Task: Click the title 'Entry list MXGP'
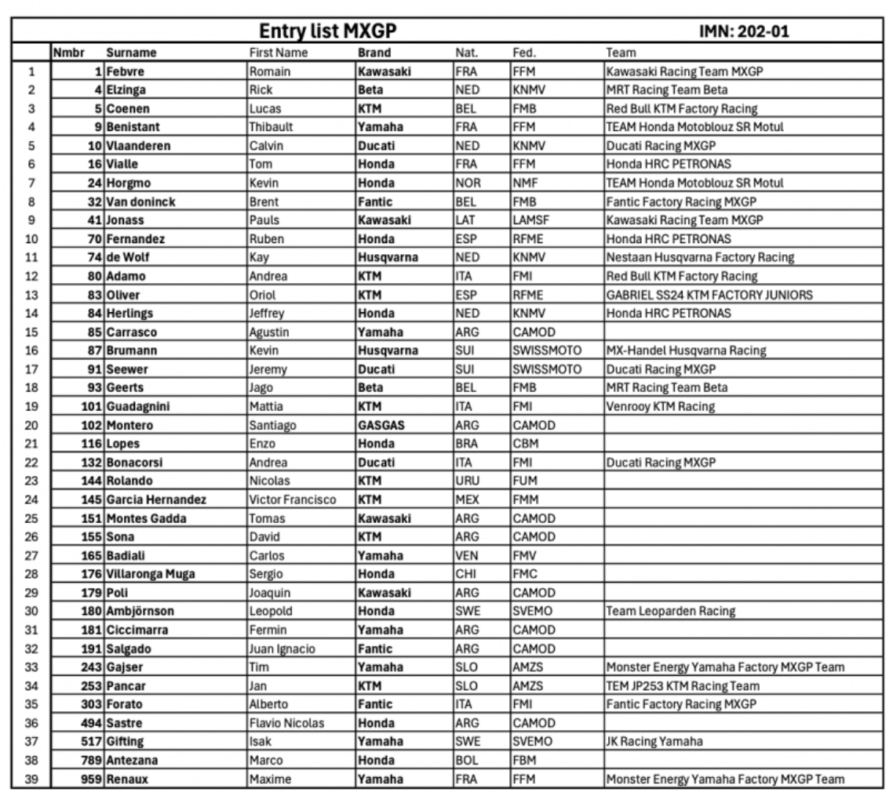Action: coord(328,32)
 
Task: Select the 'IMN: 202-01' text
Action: coord(743,32)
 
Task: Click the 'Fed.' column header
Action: coord(524,53)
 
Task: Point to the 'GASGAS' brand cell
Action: coord(383,426)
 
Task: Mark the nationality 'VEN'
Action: coord(468,556)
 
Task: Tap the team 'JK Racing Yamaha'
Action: coord(654,742)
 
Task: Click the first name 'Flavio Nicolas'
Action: coord(286,723)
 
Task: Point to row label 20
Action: coord(32,426)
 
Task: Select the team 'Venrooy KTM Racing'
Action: coord(661,407)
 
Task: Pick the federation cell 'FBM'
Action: coord(524,761)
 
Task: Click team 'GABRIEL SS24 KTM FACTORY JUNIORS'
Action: coord(709,295)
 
